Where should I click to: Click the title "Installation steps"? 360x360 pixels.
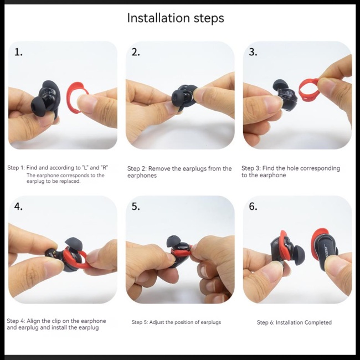(176, 18)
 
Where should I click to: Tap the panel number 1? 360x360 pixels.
(18, 53)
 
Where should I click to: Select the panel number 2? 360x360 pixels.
(136, 53)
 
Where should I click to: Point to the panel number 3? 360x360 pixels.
(253, 53)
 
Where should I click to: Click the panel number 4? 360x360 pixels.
(18, 207)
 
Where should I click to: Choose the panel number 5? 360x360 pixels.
(136, 207)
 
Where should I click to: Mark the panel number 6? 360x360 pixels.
(253, 207)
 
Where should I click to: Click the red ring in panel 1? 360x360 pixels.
(69, 99)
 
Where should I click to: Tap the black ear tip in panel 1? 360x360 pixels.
(39, 106)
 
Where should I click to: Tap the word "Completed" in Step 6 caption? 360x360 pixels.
(318, 322)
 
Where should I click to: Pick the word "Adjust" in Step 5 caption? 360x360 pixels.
(157, 322)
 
